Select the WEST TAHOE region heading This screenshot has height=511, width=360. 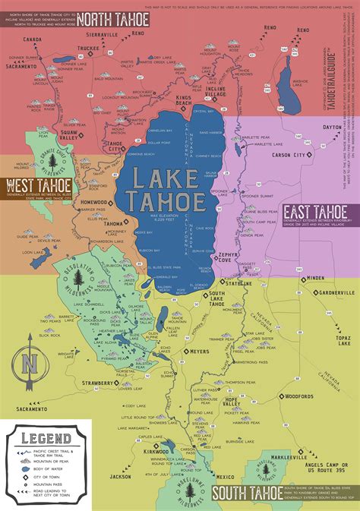(37, 185)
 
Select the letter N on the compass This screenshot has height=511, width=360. (27, 362)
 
